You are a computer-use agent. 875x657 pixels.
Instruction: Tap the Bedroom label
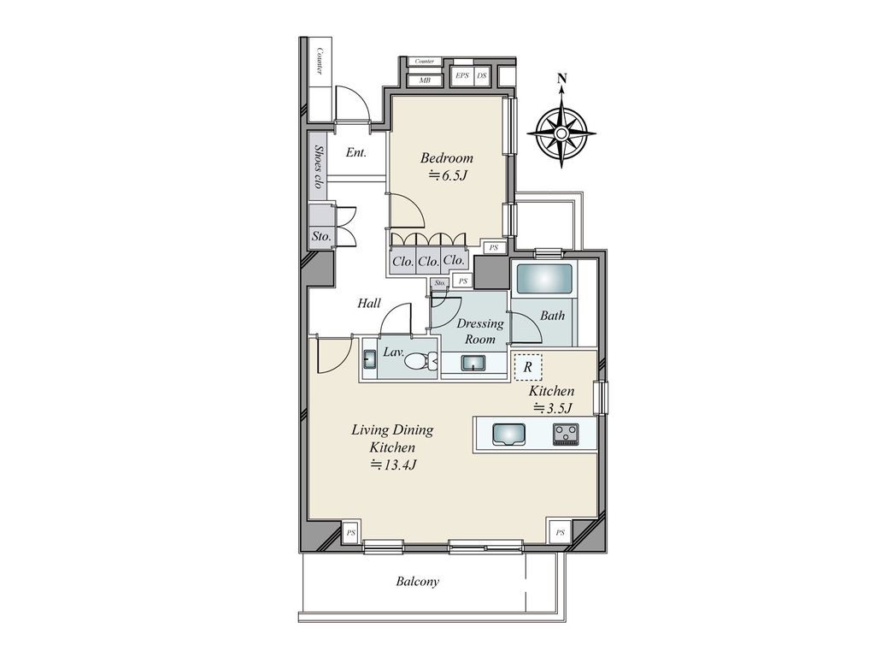(x=446, y=158)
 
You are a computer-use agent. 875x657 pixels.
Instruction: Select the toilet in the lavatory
(x=421, y=363)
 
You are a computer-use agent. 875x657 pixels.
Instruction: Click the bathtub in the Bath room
(x=544, y=279)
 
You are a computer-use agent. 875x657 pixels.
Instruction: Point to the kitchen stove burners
(x=566, y=434)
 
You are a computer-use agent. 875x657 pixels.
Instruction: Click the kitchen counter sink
(x=508, y=434)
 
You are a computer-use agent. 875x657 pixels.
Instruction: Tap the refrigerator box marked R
(x=527, y=368)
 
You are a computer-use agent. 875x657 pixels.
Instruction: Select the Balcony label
(x=417, y=582)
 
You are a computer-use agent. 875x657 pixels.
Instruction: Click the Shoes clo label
(x=319, y=167)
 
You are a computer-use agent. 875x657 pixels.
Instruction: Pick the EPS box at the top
(x=462, y=75)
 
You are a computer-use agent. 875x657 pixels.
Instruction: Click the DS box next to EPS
(x=482, y=75)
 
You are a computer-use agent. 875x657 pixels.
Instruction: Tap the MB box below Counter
(x=426, y=80)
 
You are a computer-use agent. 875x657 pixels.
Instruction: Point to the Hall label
(x=369, y=304)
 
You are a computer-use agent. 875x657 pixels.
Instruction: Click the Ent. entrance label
(x=356, y=152)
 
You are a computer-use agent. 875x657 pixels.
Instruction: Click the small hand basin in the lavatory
(x=369, y=358)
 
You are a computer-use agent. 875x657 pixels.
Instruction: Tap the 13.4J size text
(x=393, y=465)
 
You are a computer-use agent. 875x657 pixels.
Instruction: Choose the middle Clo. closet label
(x=429, y=261)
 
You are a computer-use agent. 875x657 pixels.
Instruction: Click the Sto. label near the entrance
(x=321, y=236)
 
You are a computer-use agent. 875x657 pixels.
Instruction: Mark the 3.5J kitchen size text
(x=553, y=408)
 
